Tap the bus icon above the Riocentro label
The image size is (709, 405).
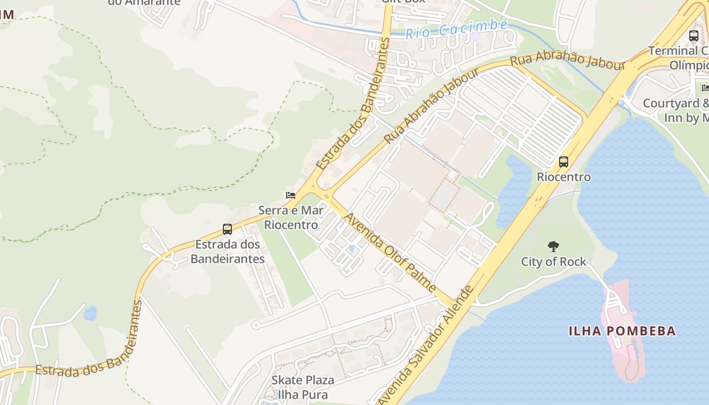click(x=563, y=162)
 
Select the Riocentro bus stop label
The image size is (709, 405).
click(x=564, y=177)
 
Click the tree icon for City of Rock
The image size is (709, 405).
click(x=554, y=247)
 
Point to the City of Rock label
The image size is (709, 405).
click(x=554, y=262)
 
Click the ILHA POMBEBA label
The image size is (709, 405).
click(x=622, y=331)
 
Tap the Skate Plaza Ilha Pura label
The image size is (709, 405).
click(x=303, y=387)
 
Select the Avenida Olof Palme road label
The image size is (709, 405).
click(x=390, y=252)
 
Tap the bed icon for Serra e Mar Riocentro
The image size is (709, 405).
click(x=290, y=195)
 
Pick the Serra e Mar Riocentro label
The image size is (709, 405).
click(x=291, y=217)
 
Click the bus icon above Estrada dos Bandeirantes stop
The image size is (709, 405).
click(x=227, y=229)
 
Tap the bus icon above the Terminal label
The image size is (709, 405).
click(x=694, y=36)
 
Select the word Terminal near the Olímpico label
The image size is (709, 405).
click(x=673, y=51)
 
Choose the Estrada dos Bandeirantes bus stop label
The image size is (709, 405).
click(x=227, y=252)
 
